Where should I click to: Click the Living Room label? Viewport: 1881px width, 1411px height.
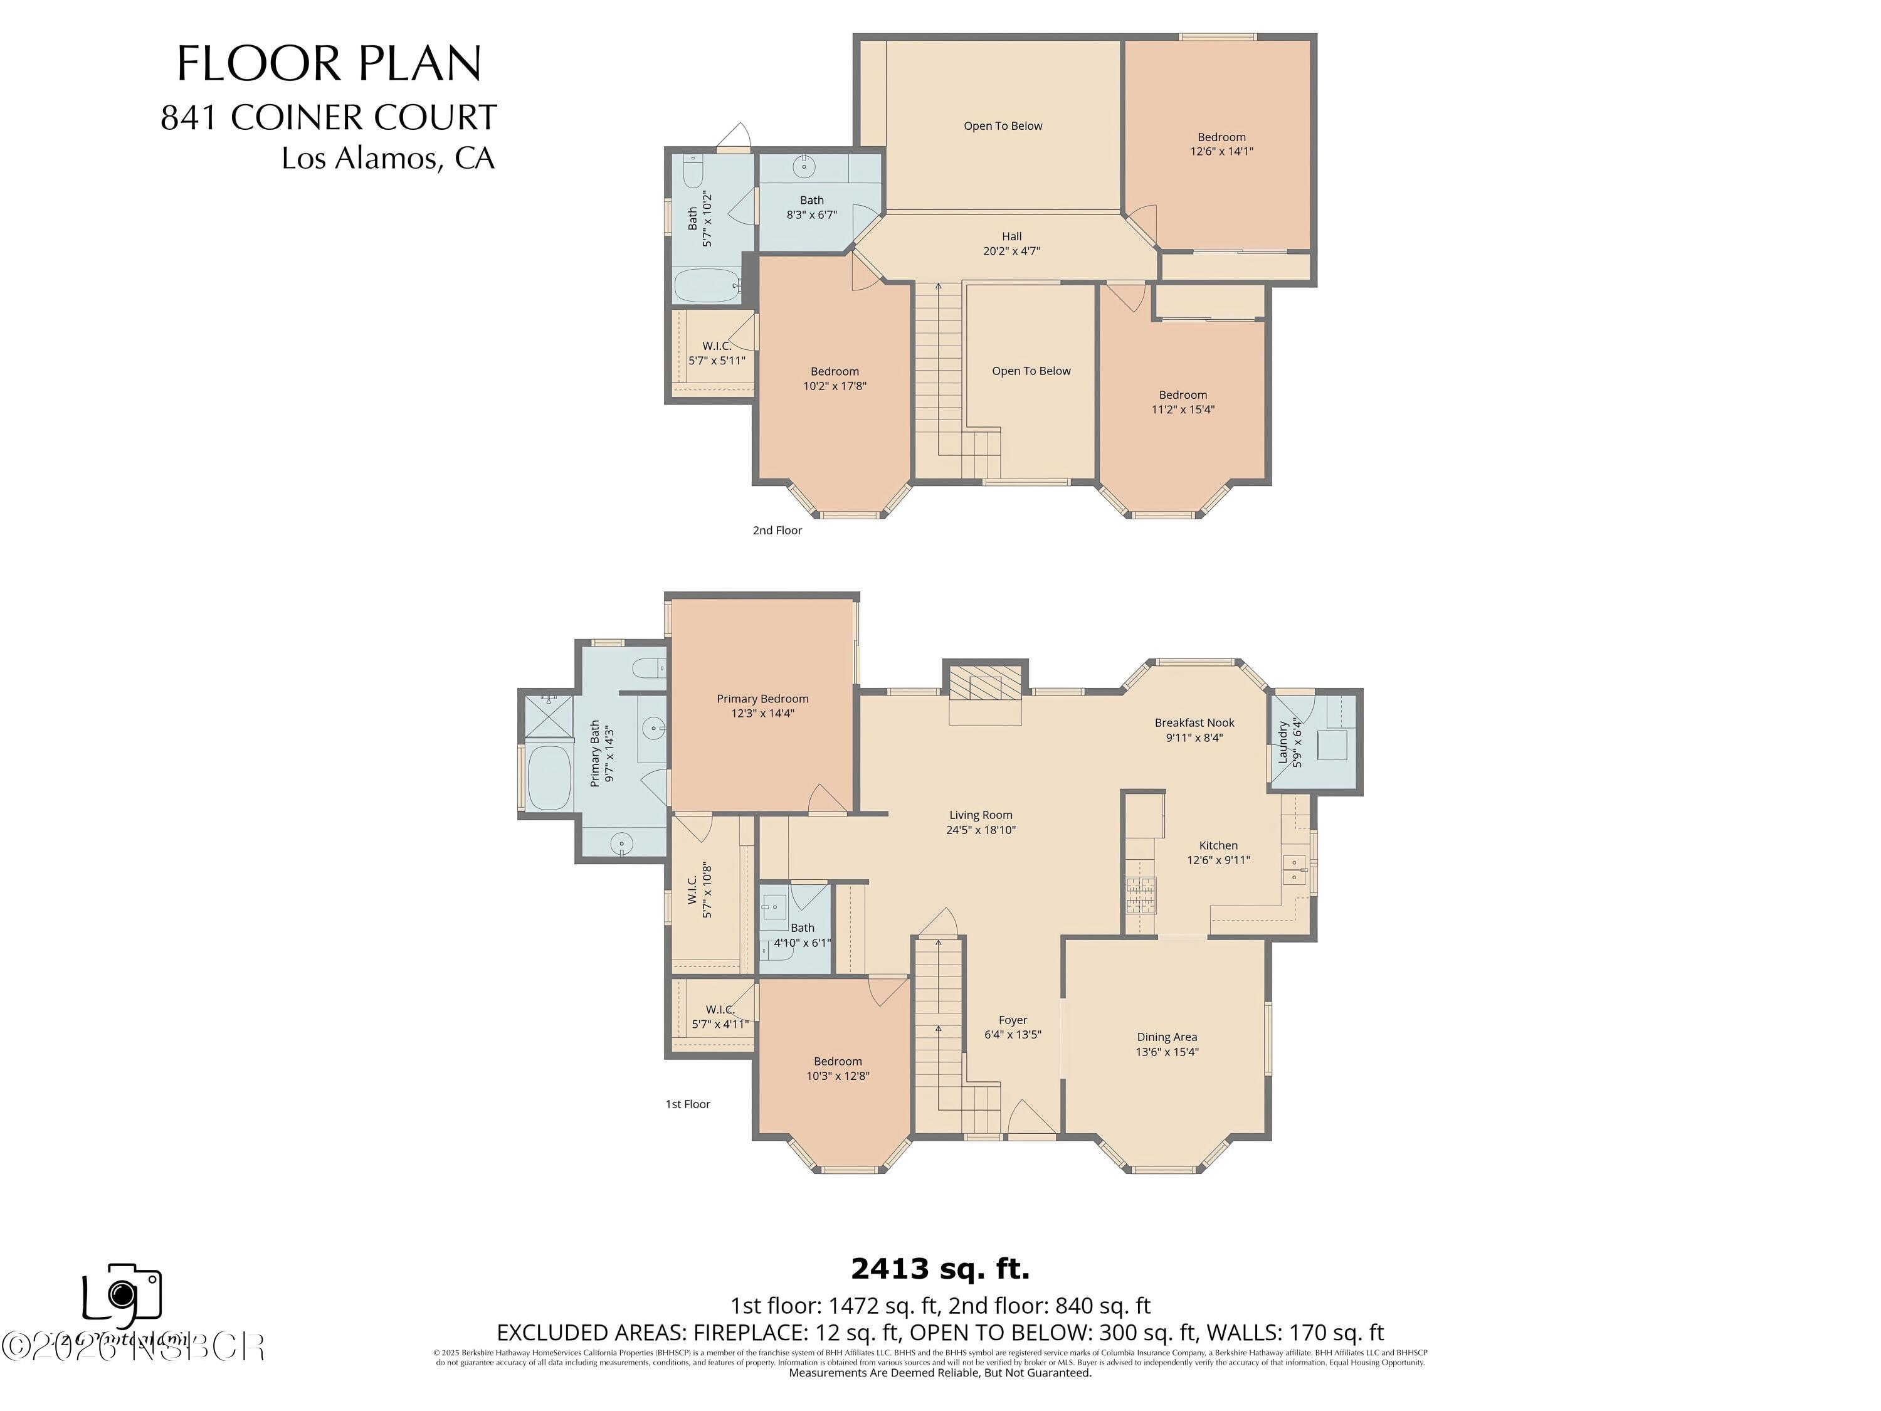coord(981,815)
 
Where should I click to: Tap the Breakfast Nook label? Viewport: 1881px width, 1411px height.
coord(1194,723)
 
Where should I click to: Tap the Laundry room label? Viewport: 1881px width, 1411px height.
coord(1284,742)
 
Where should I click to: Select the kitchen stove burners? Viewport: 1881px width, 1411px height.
coord(1141,895)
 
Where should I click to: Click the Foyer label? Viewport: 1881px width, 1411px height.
coord(1013,1020)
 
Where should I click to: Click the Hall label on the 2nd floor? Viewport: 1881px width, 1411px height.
coord(1011,236)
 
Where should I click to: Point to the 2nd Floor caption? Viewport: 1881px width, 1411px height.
coord(776,530)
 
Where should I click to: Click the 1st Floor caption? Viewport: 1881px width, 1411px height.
coord(687,1104)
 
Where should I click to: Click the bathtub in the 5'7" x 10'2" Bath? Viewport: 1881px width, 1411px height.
coord(707,286)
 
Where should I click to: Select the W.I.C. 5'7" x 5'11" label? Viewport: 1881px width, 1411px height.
coord(716,353)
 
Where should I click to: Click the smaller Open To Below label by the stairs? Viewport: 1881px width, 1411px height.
coord(1031,371)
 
